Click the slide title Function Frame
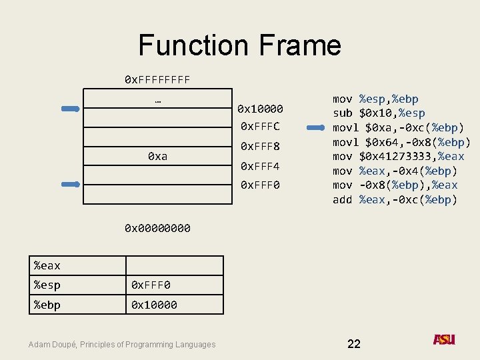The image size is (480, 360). (x=239, y=45)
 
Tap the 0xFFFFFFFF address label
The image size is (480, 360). (x=157, y=80)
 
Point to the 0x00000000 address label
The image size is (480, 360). (x=157, y=229)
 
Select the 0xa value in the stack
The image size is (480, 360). (x=157, y=156)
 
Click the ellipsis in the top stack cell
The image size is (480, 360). (x=157, y=101)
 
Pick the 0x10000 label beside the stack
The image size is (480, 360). (x=261, y=109)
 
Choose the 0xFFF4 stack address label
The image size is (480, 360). (x=260, y=166)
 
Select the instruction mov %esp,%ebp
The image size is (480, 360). (x=375, y=99)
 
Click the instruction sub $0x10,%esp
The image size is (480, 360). (x=379, y=113)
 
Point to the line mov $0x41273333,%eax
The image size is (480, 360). (x=398, y=156)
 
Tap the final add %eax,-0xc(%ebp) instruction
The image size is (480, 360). (x=395, y=199)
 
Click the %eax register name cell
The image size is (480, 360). (x=77, y=266)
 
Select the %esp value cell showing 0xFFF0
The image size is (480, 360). (x=175, y=285)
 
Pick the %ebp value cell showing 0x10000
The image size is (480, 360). (x=175, y=305)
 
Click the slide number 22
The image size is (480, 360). (x=354, y=343)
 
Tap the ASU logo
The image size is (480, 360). (x=444, y=339)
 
